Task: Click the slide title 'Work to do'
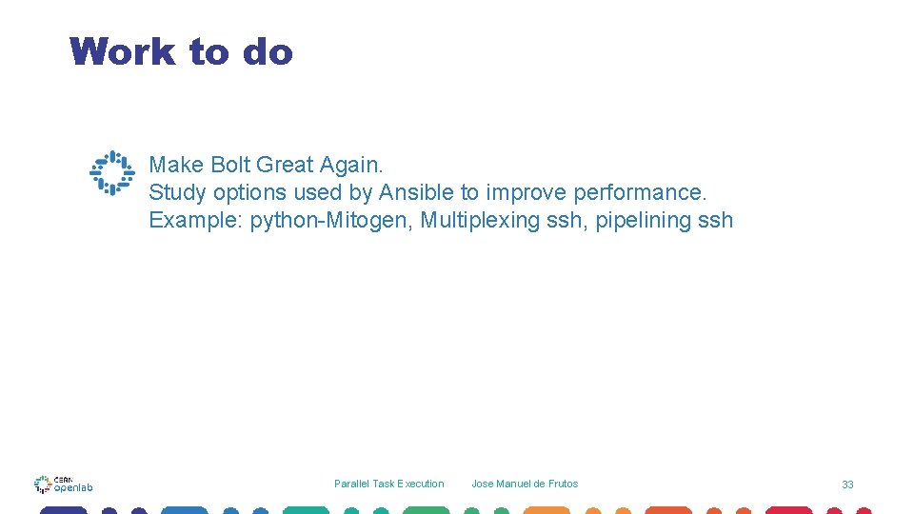181,51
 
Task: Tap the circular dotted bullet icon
112,173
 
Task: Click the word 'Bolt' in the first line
229,165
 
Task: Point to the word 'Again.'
351,165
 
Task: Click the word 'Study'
177,192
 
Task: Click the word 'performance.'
641,192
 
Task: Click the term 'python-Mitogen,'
331,220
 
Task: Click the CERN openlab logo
64,484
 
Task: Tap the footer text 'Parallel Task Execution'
388,484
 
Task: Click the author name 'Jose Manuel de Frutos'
525,484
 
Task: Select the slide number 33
847,484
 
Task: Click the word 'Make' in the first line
176,165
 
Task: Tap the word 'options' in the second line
249,192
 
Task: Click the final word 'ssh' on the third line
715,220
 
